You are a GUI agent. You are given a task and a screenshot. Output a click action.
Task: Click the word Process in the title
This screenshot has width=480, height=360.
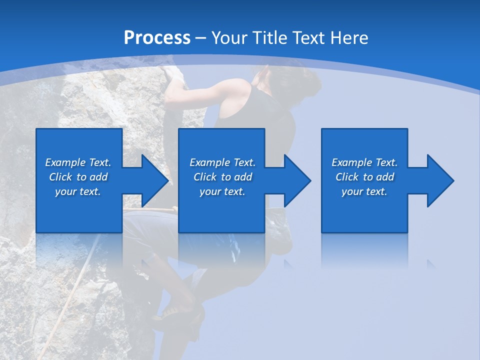157,38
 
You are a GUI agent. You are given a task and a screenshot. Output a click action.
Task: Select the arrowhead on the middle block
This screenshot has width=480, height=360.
294,180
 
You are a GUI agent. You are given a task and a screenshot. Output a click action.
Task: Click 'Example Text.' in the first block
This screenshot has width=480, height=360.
78,162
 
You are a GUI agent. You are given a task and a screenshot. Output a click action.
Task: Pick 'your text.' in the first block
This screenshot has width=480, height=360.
78,191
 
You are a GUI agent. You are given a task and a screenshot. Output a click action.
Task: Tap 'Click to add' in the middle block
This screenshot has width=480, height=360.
222,177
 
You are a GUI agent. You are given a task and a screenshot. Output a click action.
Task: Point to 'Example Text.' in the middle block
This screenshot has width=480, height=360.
222,162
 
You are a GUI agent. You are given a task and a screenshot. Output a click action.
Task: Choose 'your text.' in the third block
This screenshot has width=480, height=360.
364,191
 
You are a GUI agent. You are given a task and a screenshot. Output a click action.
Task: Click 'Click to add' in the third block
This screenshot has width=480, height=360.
364,177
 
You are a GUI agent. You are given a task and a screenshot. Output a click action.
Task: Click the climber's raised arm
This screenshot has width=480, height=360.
200,92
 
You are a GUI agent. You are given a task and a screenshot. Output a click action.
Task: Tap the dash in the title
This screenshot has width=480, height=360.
201,38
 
